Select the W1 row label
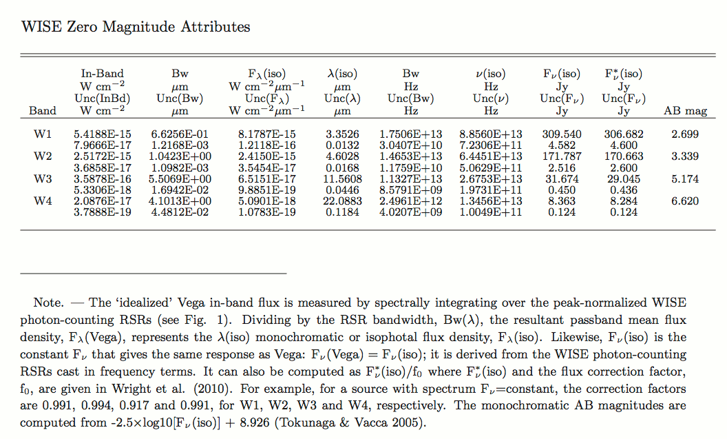point(42,134)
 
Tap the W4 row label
point(42,201)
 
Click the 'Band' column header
point(43,110)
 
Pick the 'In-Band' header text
point(102,74)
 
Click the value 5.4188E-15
point(102,134)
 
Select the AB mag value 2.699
point(685,134)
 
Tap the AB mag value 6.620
point(685,201)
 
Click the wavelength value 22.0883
point(342,201)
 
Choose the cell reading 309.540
point(562,134)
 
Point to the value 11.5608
point(342,178)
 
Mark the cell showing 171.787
point(562,156)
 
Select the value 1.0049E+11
point(491,212)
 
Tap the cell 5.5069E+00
point(180,178)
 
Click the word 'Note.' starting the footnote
point(48,303)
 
